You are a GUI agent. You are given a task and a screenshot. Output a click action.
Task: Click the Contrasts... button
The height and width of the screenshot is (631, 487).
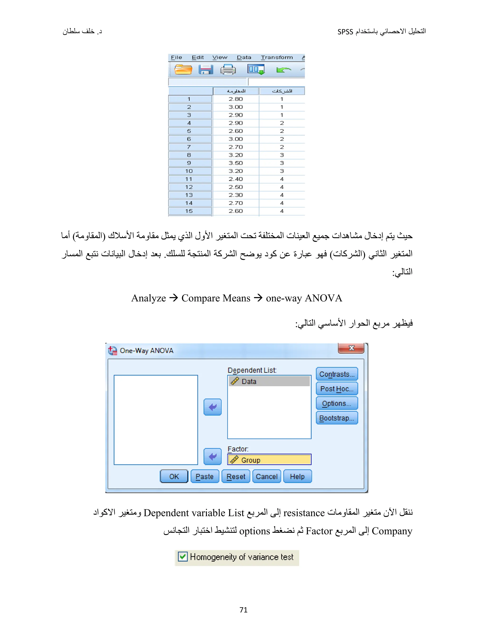coord(337,374)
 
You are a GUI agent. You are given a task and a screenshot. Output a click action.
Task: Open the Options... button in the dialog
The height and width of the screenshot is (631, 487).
coord(337,403)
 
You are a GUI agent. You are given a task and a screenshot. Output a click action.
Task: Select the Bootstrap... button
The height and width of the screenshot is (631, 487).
coord(337,418)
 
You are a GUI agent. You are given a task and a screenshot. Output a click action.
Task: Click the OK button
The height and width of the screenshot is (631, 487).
coord(174,476)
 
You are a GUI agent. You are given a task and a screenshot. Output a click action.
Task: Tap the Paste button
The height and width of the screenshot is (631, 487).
coord(205,476)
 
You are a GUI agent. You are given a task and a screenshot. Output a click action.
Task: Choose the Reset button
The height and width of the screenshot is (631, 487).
coord(236,476)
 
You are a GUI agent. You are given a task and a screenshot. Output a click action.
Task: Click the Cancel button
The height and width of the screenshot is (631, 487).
coord(267,476)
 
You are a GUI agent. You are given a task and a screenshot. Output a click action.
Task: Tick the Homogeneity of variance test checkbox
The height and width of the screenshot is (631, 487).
coord(183,556)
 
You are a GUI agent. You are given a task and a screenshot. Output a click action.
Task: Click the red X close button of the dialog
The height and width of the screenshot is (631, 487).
coord(351,348)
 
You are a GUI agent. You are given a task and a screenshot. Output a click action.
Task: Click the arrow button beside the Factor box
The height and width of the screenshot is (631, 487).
coord(212,456)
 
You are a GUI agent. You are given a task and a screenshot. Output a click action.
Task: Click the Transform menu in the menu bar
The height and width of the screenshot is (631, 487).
coord(277,57)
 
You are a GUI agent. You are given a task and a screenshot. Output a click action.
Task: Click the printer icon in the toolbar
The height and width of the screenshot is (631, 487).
coord(228,70)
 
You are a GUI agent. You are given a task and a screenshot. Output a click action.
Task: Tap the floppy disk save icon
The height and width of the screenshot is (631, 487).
coord(206,70)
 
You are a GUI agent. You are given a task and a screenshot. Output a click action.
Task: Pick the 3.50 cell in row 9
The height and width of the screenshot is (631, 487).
coord(236,163)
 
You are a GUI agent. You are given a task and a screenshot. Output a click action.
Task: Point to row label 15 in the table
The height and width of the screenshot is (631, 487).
coord(189,211)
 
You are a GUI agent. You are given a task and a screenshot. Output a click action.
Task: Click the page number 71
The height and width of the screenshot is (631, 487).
coord(243,610)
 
